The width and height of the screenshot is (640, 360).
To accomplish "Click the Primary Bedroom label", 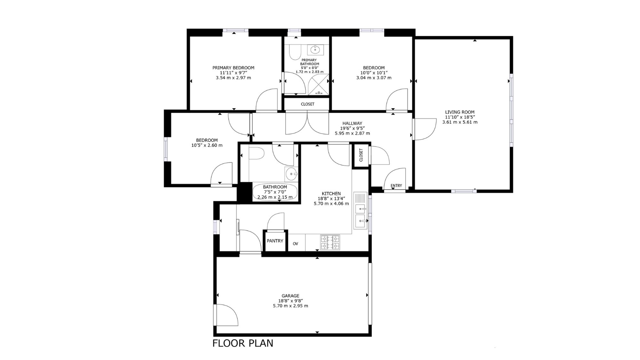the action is click(233, 68).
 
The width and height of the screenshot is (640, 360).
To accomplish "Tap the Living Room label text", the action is click(460, 112).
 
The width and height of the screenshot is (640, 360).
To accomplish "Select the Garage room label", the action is click(291, 296).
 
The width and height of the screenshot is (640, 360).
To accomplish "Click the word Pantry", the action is click(275, 241).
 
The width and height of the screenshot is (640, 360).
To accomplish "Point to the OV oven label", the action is click(295, 244).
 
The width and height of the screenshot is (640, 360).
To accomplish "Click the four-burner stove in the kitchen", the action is click(330, 242).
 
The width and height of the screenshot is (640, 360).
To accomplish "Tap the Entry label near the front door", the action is click(396, 186).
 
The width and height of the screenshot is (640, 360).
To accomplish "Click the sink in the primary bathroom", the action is click(316, 49).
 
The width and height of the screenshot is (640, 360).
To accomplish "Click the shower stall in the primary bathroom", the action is click(318, 84).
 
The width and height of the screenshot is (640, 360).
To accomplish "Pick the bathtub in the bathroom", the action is click(275, 192).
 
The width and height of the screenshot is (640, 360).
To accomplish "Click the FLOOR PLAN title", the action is click(243, 343).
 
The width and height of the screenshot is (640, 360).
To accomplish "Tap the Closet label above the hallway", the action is click(308, 104).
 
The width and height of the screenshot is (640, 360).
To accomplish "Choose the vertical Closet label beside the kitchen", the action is click(361, 155).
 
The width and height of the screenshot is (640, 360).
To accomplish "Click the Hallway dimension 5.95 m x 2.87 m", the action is click(352, 133).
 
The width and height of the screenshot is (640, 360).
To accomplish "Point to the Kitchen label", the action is click(331, 194).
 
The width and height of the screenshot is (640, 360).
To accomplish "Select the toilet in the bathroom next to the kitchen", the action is click(256, 153).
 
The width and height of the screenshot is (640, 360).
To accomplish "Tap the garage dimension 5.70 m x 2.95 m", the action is click(291, 306).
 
